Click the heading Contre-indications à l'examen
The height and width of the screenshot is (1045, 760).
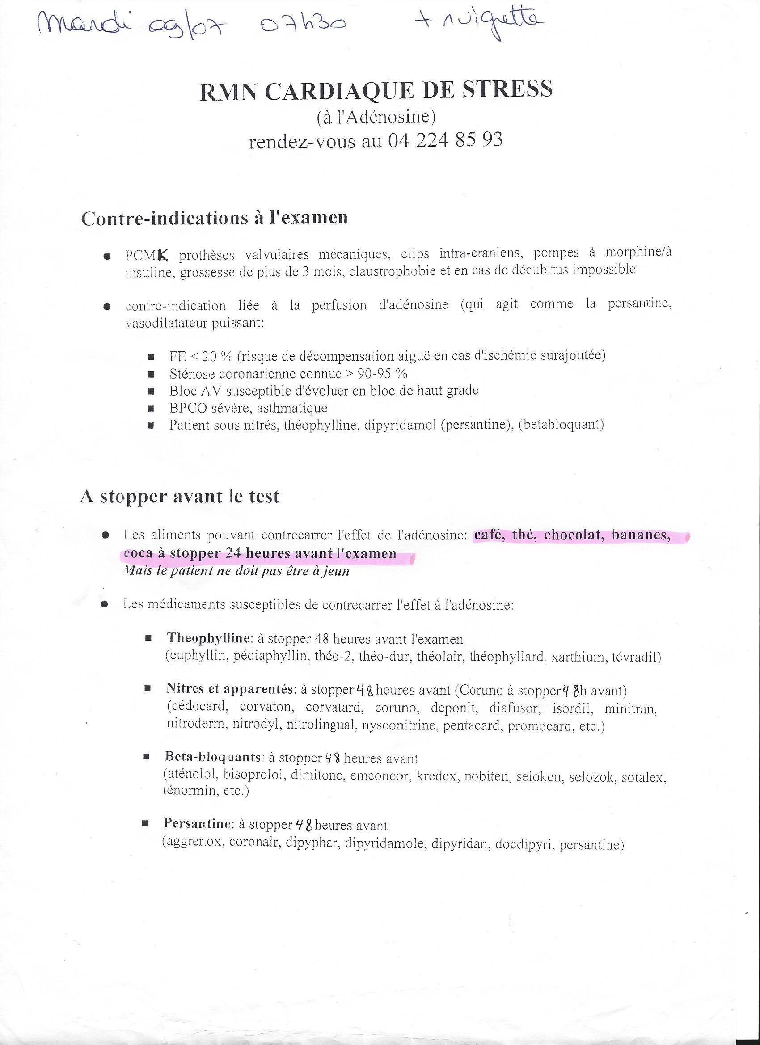pyautogui.click(x=214, y=219)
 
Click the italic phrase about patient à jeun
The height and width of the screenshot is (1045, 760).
pyautogui.click(x=236, y=571)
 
